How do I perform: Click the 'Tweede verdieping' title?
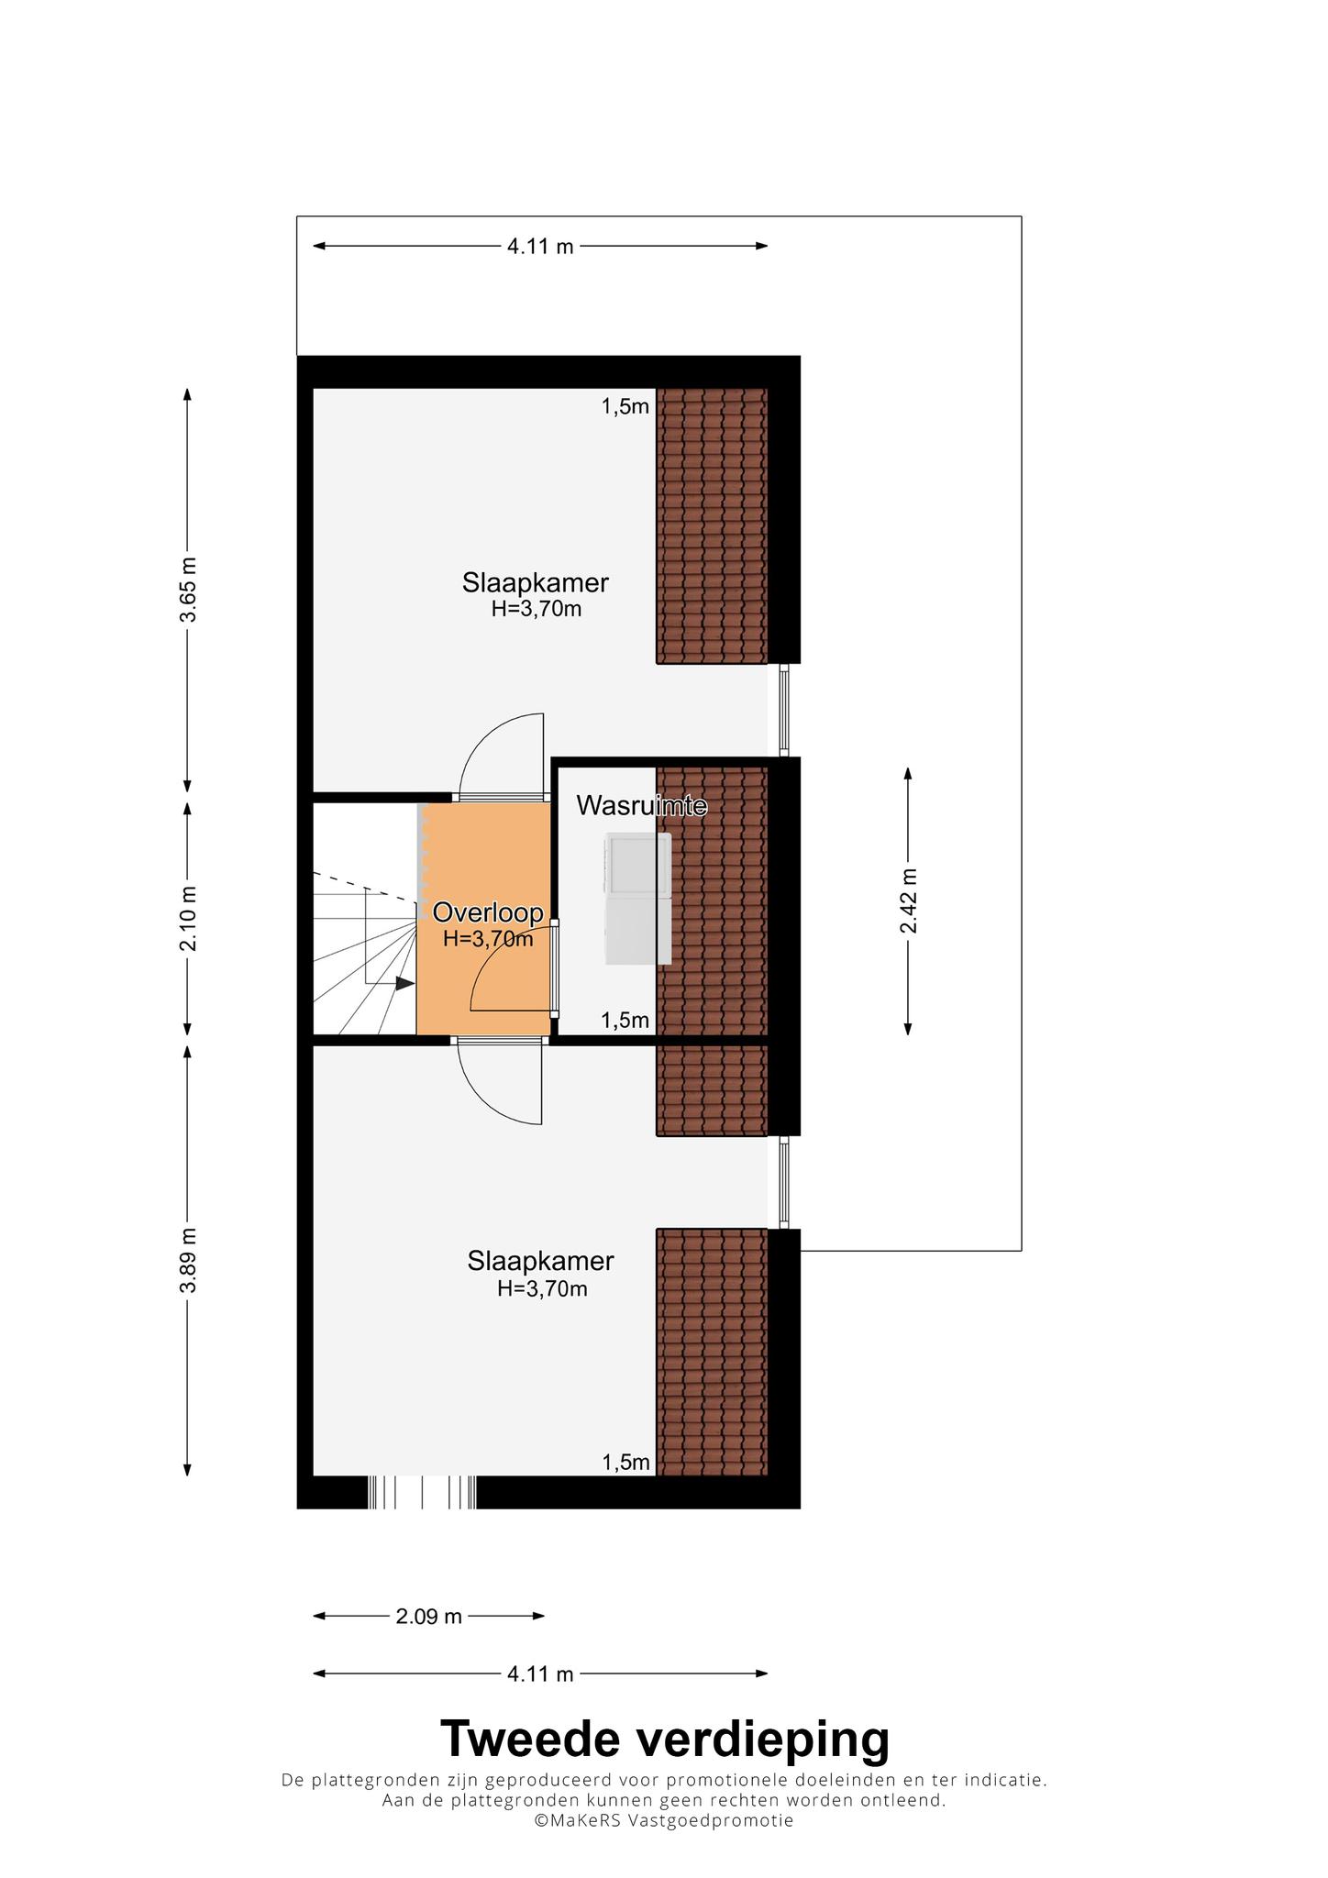coord(664,1738)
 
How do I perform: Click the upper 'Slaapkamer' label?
coord(536,582)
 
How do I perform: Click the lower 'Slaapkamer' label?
coord(540,1261)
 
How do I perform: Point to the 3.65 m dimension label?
coord(188,590)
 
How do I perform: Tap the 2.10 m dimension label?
coord(188,918)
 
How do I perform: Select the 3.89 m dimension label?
coord(188,1260)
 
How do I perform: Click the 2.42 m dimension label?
coord(908,900)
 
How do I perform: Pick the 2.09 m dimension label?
coord(428,1616)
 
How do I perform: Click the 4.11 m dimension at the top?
coord(540,246)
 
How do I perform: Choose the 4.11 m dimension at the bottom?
coord(540,1674)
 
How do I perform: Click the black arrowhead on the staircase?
coord(404,983)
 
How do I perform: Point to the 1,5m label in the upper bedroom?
coord(625,406)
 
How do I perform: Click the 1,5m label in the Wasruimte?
coord(625,1020)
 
